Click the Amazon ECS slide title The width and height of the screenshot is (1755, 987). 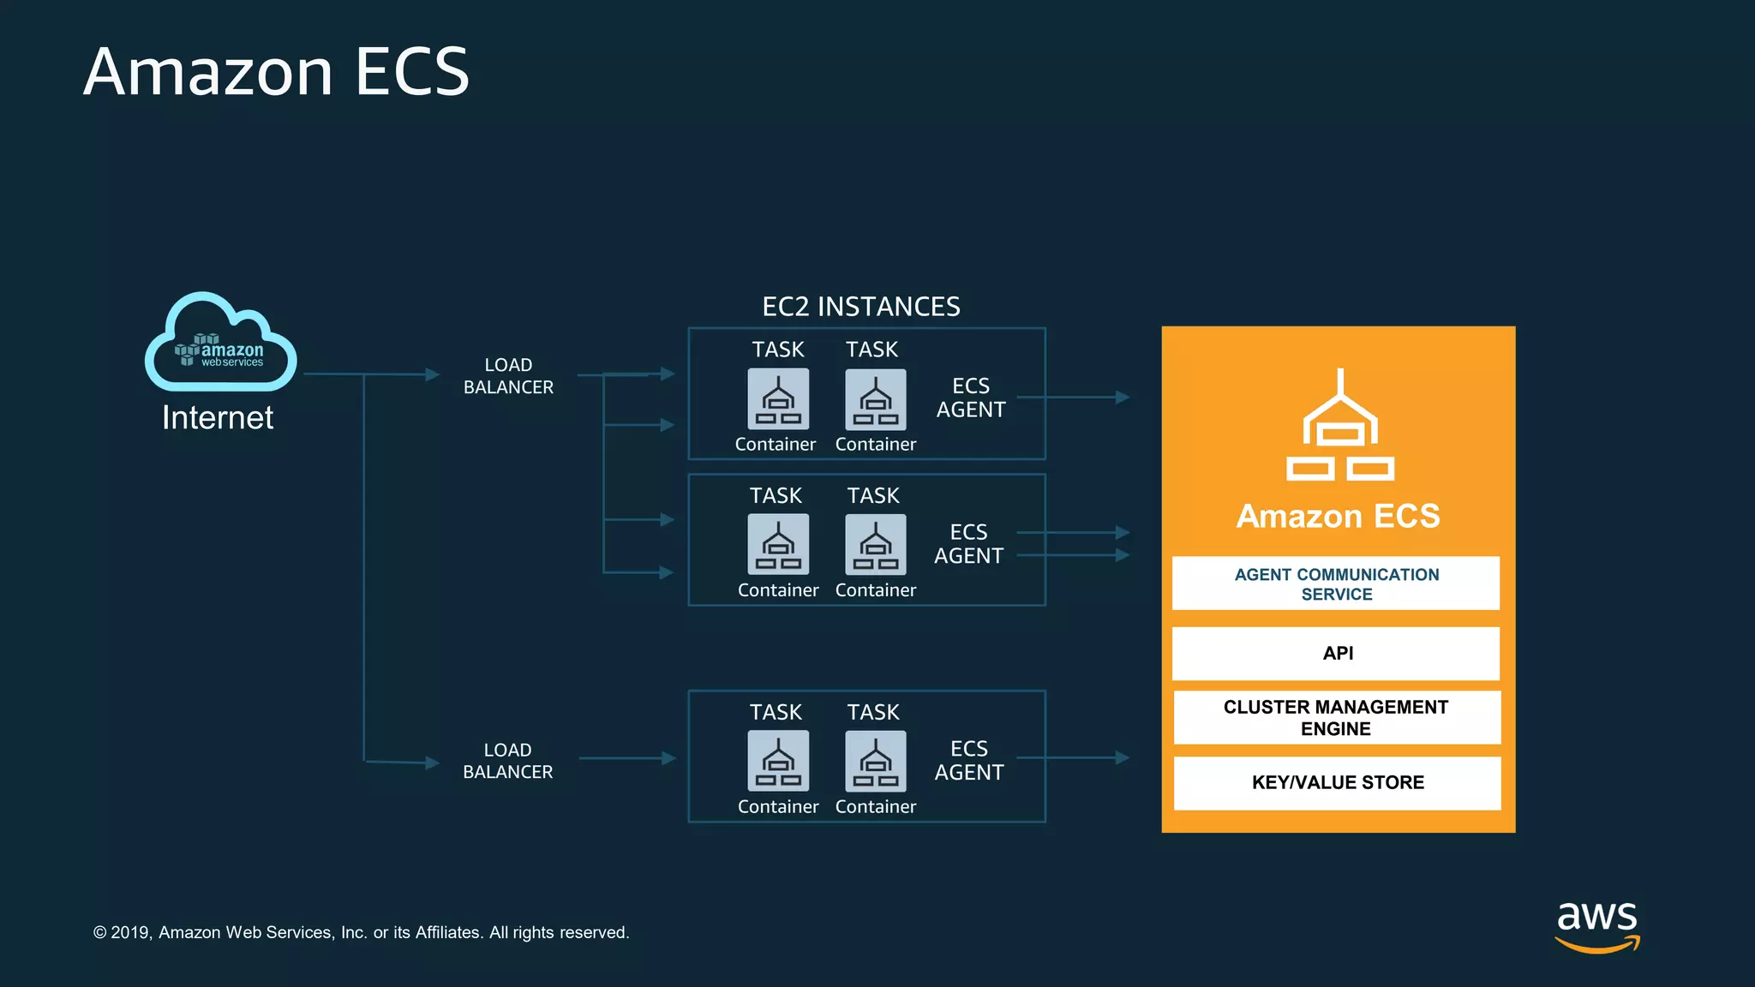[276, 72]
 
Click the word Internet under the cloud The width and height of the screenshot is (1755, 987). [218, 418]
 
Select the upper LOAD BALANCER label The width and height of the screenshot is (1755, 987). [508, 376]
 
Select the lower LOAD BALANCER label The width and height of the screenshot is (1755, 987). [507, 761]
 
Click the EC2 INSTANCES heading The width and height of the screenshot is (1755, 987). [861, 307]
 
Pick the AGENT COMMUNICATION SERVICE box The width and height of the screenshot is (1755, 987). [1336, 583]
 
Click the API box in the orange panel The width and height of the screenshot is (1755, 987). [1337, 654]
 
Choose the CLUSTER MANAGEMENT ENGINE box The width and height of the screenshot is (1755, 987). [1337, 718]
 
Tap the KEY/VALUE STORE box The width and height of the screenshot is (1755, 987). [1337, 782]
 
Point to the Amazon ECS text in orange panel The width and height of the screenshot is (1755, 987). [1338, 517]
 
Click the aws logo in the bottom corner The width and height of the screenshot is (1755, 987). [1597, 925]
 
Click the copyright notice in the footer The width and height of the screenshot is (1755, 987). [361, 932]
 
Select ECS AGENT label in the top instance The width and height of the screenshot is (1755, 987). [971, 398]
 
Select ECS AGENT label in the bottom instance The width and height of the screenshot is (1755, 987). [969, 760]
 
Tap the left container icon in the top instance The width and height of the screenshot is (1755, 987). [778, 399]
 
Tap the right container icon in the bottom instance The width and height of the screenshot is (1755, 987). [875, 761]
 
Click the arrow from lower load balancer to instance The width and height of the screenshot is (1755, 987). [627, 758]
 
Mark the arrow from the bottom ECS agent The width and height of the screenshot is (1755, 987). [1073, 758]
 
